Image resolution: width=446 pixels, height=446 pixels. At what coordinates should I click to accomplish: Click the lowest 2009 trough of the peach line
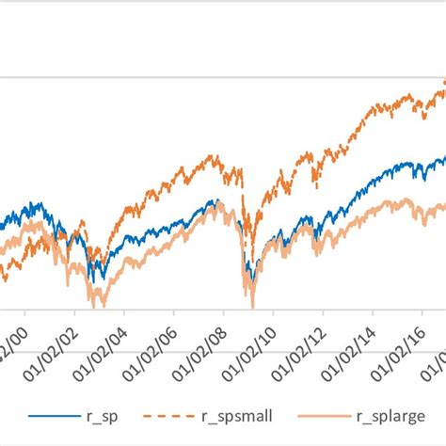(252, 305)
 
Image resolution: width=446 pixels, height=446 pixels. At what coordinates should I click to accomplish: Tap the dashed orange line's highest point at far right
(443, 82)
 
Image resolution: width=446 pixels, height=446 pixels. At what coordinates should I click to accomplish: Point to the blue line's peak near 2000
(35, 202)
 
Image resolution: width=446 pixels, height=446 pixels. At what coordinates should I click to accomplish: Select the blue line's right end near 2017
(444, 158)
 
